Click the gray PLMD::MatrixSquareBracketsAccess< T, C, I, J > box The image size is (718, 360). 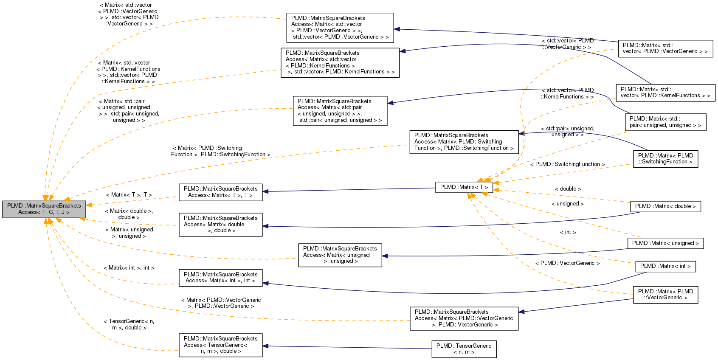tap(44, 209)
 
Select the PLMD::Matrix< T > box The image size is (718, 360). tap(464, 187)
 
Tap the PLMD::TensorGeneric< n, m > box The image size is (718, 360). tap(464, 349)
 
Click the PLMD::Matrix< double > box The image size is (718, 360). tap(665, 206)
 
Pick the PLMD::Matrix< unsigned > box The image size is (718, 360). tap(665, 243)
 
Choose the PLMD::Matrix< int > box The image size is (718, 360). tap(665, 266)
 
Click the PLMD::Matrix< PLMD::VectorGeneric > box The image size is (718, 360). tap(665, 295)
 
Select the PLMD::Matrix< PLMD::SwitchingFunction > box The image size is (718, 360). tap(665, 159)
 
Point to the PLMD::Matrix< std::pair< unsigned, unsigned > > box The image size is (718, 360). tap(665, 122)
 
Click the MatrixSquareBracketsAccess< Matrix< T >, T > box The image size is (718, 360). tap(220, 192)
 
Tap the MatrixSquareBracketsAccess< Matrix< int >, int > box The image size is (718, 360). tap(220, 278)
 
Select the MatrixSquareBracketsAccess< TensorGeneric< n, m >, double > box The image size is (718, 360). tap(220, 345)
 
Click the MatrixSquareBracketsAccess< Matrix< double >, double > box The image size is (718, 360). tap(220, 225)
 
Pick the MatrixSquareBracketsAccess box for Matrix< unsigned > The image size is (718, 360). tap(340, 255)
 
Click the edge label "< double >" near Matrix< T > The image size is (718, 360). tap(568, 189)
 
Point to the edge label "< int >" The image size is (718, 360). tap(568, 232)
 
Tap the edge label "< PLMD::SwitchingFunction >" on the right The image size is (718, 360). tap(567, 164)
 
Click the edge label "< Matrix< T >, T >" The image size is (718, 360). tap(129, 195)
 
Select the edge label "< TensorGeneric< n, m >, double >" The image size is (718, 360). tap(129, 324)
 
